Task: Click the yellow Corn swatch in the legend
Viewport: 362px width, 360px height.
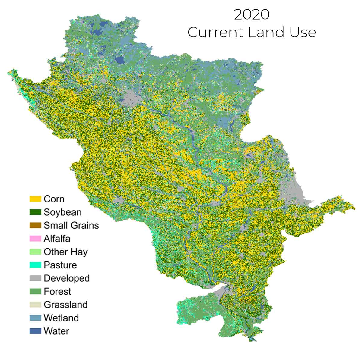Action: coord(35,199)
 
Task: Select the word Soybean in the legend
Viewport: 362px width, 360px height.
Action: coord(62,212)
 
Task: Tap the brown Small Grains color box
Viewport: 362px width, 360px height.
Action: coord(35,225)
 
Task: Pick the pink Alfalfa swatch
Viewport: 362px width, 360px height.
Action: coord(35,239)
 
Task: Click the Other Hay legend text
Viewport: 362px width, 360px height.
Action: coord(65,252)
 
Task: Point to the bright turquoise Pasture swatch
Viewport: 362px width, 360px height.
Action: coord(35,265)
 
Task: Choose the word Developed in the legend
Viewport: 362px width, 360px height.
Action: coord(66,278)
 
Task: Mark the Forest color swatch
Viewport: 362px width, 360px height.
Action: coord(35,291)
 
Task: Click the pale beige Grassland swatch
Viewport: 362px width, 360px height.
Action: coord(35,305)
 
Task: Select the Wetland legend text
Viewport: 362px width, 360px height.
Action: coord(61,318)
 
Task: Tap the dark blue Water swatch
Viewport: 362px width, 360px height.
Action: coord(35,331)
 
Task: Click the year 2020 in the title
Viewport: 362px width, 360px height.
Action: coord(252,15)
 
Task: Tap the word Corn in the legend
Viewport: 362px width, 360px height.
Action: coord(54,199)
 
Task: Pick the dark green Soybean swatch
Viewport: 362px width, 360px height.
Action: coord(35,212)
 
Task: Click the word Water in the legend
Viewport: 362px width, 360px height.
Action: coord(56,331)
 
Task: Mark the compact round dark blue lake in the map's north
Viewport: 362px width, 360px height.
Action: coord(120,60)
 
